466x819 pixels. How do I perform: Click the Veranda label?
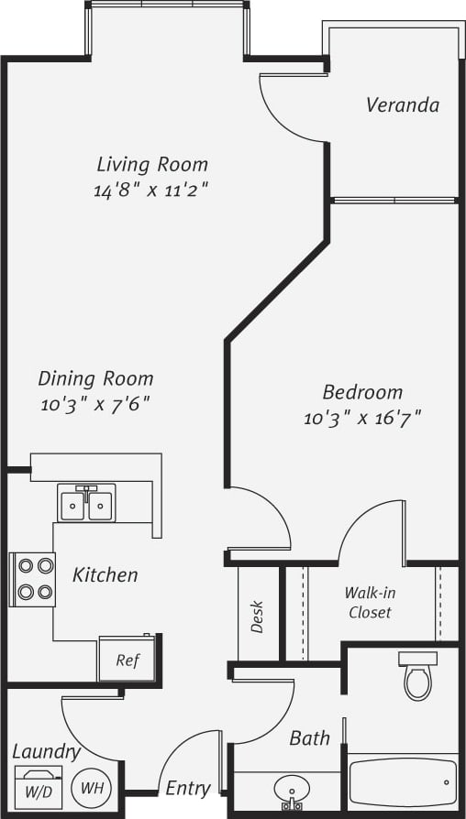pos(402,105)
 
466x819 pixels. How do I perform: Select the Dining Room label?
pos(95,378)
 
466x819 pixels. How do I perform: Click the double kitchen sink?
pos(86,505)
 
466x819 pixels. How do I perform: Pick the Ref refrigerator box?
pos(128,659)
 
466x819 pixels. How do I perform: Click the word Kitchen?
pos(105,576)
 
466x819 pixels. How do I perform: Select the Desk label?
pos(257,617)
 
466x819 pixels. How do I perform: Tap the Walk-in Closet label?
pos(370,602)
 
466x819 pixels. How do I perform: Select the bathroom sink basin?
pos(293,790)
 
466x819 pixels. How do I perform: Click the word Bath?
pos(309,737)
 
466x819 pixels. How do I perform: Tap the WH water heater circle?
pos(90,786)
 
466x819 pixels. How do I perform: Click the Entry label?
pos(188,788)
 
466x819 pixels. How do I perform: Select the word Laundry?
pos(45,751)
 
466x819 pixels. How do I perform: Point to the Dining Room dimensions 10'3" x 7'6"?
pos(95,403)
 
